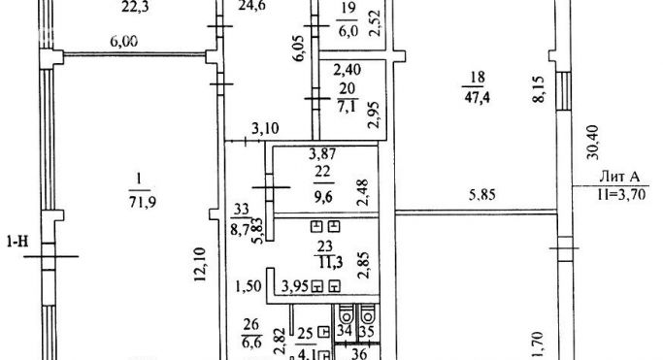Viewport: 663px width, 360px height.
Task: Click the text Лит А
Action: click(x=620, y=177)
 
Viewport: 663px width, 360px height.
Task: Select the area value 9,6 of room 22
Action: click(x=321, y=193)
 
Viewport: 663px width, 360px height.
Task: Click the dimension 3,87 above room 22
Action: click(x=321, y=154)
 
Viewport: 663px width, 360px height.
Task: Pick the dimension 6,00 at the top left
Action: click(x=122, y=41)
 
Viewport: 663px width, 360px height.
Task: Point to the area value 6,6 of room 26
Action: click(x=250, y=342)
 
